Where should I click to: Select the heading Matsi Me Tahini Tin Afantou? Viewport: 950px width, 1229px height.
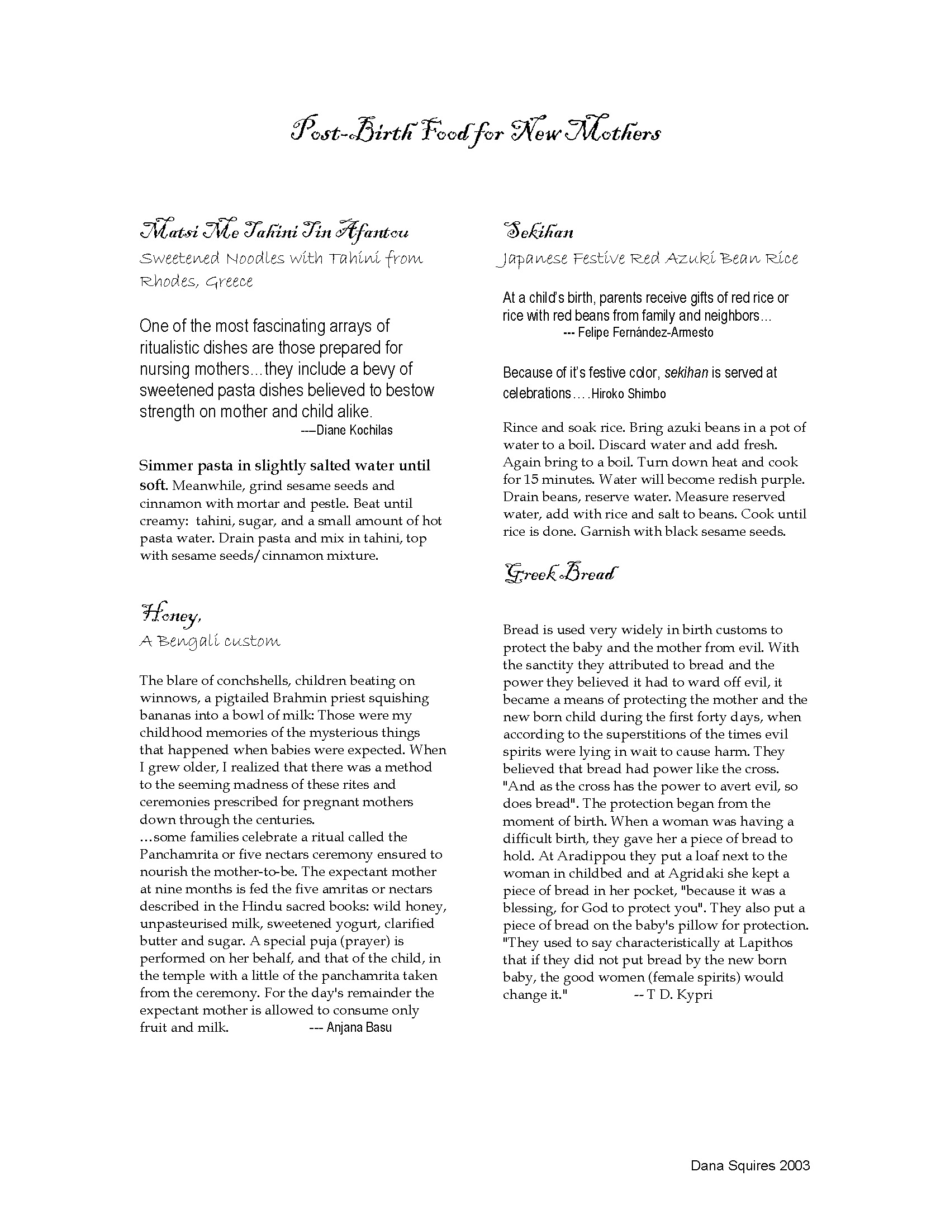pos(274,231)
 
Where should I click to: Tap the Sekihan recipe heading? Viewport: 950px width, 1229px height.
pos(538,231)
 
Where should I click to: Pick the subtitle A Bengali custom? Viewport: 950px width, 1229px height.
pos(210,641)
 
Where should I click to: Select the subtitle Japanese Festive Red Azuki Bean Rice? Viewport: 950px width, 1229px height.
pos(648,259)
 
